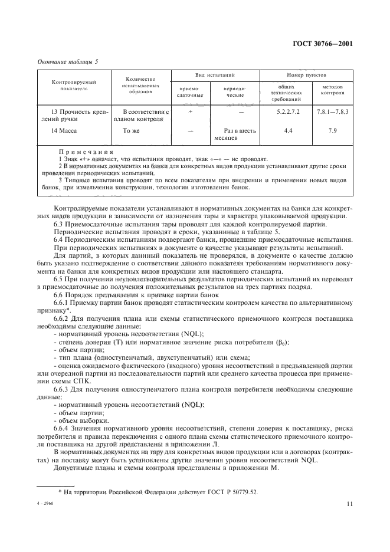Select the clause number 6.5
tap(59, 277)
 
